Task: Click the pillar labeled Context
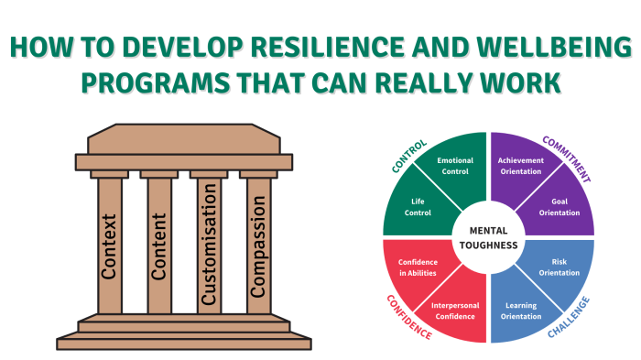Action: (x=109, y=245)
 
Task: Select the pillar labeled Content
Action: (x=159, y=245)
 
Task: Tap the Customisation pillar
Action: (x=209, y=245)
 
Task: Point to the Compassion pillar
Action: (x=258, y=245)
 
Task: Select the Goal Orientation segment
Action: (x=561, y=206)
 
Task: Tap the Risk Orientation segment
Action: (x=561, y=266)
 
